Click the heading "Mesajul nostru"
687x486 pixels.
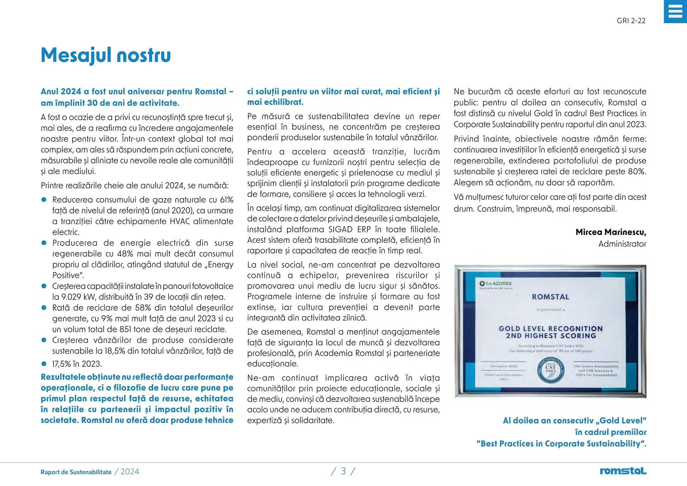coord(106,55)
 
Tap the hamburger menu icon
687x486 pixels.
coord(675,11)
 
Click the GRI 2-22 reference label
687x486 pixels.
coord(631,21)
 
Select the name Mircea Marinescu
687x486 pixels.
coord(610,232)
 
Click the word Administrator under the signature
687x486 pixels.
coord(622,244)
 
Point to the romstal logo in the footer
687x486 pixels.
coord(623,471)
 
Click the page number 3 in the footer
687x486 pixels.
coord(343,471)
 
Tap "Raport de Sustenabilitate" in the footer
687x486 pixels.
coord(76,472)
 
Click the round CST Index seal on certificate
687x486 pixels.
coord(551,370)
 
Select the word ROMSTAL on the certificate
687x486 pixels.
coord(550,297)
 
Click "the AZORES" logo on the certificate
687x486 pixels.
coord(496,284)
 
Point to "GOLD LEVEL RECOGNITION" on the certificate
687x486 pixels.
coord(551,329)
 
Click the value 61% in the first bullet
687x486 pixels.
coord(226,200)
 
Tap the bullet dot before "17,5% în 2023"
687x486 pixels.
coord(44,364)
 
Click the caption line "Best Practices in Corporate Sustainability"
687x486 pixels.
coord(561,444)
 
